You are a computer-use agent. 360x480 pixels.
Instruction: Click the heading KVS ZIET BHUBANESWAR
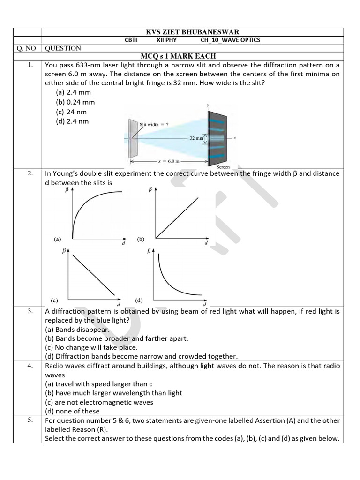click(x=193, y=32)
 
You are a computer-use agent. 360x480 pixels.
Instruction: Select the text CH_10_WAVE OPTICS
click(x=230, y=40)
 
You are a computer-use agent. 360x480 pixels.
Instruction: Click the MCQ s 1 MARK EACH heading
click(x=178, y=56)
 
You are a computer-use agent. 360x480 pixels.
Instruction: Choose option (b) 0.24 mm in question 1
click(x=75, y=102)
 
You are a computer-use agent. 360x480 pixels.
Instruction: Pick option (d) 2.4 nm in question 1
click(x=72, y=121)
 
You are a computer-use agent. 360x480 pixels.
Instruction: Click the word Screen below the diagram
click(x=223, y=167)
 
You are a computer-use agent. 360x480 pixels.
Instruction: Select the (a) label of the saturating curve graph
click(x=57, y=239)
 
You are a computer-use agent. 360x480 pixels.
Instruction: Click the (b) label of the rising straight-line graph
click(x=141, y=239)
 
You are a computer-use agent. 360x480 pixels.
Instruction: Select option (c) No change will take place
click(x=91, y=347)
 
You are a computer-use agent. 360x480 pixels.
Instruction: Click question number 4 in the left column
click(x=30, y=366)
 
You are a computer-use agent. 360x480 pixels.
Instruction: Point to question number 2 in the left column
click(x=30, y=173)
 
